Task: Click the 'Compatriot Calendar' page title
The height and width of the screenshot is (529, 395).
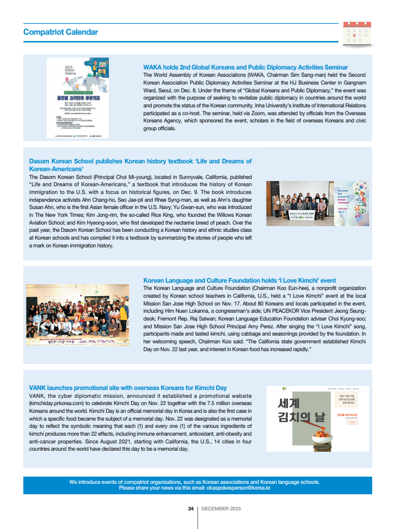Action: [x=61, y=32]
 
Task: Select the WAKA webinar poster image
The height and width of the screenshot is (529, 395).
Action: [x=78, y=98]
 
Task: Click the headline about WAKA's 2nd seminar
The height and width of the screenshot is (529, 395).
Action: [x=245, y=67]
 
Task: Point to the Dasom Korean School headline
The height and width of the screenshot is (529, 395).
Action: [x=140, y=165]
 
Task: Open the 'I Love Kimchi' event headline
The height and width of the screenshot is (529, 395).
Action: [x=239, y=281]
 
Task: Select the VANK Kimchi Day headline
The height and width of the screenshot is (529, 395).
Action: [x=128, y=387]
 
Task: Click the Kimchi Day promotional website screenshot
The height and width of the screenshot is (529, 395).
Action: [x=317, y=419]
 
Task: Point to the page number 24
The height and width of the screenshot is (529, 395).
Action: [x=191, y=509]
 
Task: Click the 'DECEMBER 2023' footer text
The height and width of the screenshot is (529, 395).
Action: [x=221, y=509]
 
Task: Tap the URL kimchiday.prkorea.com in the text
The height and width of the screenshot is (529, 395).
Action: [x=59, y=403]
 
